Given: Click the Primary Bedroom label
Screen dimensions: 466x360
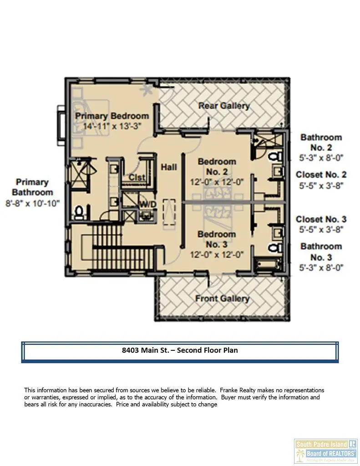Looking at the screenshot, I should click(112, 116).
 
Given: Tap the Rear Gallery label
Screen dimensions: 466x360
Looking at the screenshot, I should click(224, 106).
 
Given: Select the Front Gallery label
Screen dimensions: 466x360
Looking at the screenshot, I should click(222, 299).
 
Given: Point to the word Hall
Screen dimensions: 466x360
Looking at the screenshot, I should click(168, 167).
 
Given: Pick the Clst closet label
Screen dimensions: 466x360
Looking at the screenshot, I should click(137, 177).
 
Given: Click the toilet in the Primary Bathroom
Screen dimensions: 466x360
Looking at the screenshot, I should click(79, 212).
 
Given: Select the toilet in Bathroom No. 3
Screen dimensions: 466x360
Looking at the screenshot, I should click(274, 248).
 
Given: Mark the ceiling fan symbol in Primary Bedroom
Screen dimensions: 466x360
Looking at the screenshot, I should click(146, 90).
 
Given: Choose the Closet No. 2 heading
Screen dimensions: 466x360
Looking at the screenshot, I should click(321, 175).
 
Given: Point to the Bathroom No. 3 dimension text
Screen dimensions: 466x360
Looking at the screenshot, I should click(321, 268).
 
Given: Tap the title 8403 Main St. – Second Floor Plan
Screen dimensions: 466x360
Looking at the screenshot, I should click(180, 350).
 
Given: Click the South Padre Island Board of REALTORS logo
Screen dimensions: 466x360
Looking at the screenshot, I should click(325, 451).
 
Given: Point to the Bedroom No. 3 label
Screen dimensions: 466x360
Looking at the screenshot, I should click(217, 239).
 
